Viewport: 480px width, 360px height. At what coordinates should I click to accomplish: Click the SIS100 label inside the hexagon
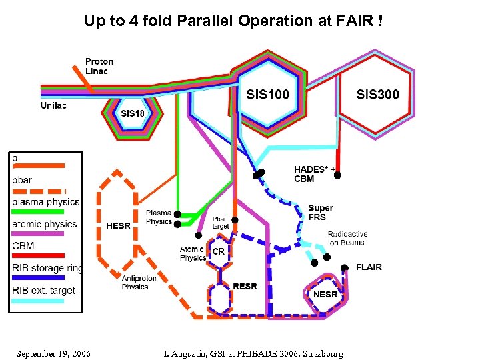click(267, 95)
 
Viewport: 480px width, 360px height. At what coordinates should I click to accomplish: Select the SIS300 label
click(377, 95)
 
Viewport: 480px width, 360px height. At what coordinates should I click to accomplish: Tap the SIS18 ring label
click(132, 113)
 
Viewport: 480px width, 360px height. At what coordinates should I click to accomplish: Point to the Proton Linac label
click(99, 67)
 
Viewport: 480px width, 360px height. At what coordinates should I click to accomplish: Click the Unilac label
click(53, 105)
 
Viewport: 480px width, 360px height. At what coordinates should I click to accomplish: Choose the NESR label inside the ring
click(325, 294)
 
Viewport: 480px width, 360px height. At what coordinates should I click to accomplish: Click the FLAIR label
click(369, 267)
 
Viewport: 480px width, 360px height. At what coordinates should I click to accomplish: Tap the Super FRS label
click(321, 212)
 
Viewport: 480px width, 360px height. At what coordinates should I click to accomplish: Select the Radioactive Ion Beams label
click(347, 238)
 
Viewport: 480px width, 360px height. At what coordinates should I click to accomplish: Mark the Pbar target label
click(220, 223)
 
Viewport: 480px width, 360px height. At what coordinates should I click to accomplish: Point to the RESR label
click(245, 287)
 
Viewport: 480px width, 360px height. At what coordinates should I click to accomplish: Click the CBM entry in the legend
click(23, 246)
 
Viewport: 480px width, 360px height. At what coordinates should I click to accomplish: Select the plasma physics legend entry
click(45, 202)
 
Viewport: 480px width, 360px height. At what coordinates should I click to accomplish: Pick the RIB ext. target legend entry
click(44, 290)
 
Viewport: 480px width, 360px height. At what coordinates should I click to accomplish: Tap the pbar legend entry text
click(21, 180)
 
